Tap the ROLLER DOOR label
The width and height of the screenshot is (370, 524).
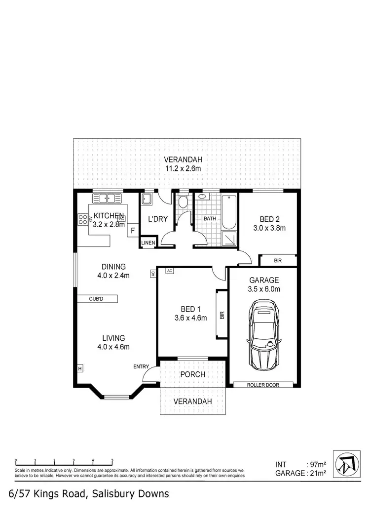(x=263, y=384)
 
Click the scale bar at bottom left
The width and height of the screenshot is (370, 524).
(x=64, y=461)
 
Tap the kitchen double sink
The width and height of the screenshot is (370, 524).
(x=107, y=199)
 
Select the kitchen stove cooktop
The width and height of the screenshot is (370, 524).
(x=82, y=220)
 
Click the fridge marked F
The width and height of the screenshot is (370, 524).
(x=132, y=231)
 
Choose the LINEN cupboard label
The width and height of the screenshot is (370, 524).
(x=148, y=243)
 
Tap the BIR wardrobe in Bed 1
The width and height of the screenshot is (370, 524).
(x=222, y=314)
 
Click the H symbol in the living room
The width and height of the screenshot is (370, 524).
(x=79, y=368)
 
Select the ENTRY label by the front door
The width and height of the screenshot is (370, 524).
(x=141, y=366)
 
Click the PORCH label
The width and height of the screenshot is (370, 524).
(x=192, y=374)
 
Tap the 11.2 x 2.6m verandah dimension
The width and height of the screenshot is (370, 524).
(x=183, y=168)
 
